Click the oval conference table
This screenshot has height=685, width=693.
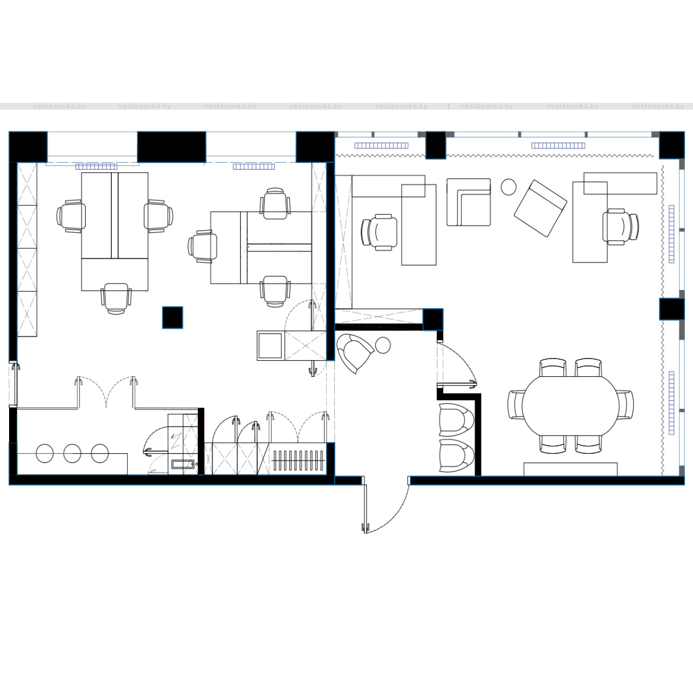[x=570, y=405]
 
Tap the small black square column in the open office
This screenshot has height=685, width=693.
[x=173, y=317]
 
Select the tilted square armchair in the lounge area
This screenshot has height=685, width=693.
[x=541, y=208]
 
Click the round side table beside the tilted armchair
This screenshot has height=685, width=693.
[x=509, y=187]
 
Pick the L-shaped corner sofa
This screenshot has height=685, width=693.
[x=469, y=202]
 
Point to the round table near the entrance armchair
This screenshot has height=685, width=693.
[x=383, y=345]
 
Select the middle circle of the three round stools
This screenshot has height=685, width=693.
[x=72, y=453]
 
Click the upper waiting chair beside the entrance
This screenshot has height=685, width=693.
[x=456, y=417]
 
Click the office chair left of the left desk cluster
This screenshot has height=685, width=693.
[x=71, y=216]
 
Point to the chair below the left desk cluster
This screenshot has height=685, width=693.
[x=116, y=299]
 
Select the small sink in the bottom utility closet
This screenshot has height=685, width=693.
[x=183, y=464]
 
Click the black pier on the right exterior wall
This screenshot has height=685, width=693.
[x=672, y=309]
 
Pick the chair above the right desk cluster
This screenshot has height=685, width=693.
[x=275, y=203]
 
